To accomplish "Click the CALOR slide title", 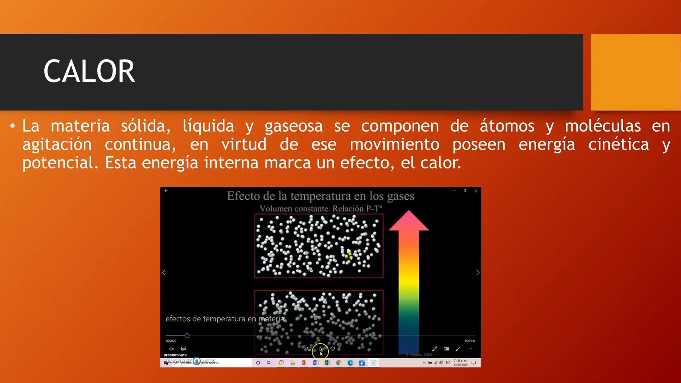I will click(x=89, y=72).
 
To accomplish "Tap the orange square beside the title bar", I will click(x=636, y=72).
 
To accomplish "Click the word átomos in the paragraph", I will click(x=507, y=126).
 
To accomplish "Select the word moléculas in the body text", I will click(x=603, y=126).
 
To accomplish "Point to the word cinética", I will click(x=618, y=145).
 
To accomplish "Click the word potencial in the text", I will click(x=60, y=163).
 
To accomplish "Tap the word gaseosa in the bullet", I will click(x=293, y=126).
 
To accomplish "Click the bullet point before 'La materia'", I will click(x=13, y=126).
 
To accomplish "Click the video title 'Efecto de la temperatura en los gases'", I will click(x=320, y=196).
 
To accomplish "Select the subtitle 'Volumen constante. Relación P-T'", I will click(x=320, y=209).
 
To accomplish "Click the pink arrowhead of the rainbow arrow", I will click(x=409, y=221).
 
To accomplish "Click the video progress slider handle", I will click(x=187, y=335).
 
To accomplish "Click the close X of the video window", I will click(x=476, y=191).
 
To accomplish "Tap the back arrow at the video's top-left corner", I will click(x=166, y=191).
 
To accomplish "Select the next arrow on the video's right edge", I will click(x=477, y=272).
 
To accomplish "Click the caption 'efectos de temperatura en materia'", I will click(x=225, y=319).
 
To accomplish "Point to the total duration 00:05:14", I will click(x=470, y=341).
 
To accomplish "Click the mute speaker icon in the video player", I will click(x=171, y=349).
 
